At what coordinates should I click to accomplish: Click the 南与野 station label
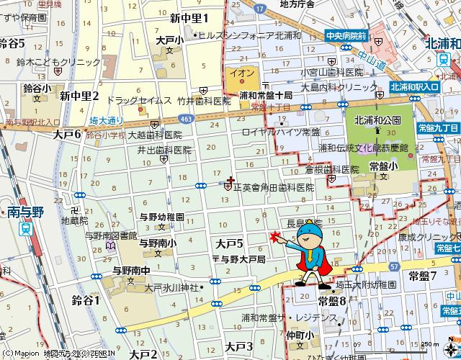tap(27, 212)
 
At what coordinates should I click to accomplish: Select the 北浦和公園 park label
tap(377, 120)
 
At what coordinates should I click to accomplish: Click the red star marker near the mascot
tap(274, 235)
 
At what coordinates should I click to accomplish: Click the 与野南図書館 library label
tap(111, 235)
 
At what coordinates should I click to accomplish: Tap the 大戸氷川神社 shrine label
tap(171, 287)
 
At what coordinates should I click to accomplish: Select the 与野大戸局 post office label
tap(243, 258)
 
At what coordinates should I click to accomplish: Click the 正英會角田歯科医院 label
tap(274, 187)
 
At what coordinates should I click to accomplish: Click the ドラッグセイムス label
tap(138, 100)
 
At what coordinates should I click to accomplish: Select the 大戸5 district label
tap(229, 244)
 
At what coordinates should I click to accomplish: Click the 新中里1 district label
tap(189, 19)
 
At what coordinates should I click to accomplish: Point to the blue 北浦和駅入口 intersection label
tap(414, 86)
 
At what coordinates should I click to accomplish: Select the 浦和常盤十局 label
tap(266, 95)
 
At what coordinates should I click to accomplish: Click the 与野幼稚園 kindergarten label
tap(161, 216)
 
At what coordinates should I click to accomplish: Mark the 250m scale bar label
tap(430, 344)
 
